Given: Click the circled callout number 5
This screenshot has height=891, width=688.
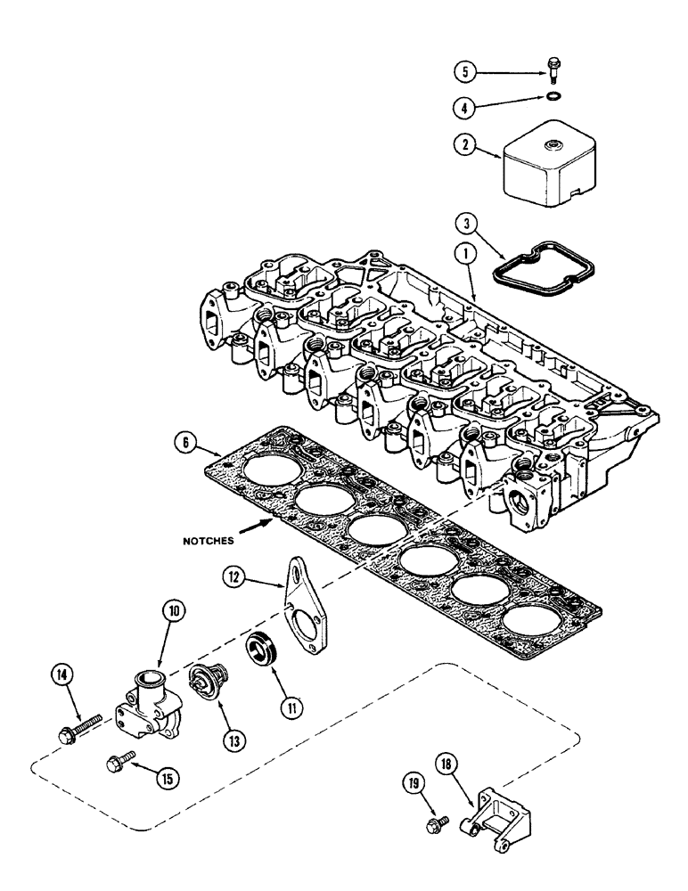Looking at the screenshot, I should pyautogui.click(x=463, y=69).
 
